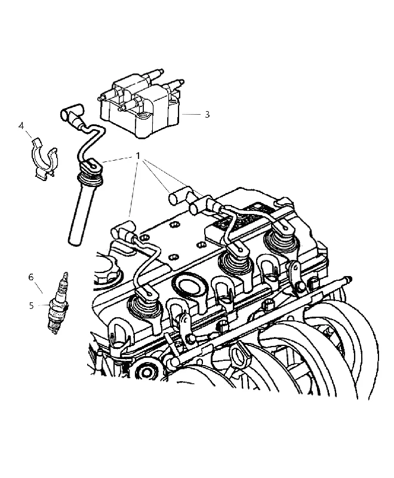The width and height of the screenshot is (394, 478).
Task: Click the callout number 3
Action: click(x=207, y=115)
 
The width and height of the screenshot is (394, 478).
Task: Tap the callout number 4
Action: click(x=21, y=125)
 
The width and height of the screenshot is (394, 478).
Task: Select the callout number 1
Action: click(x=138, y=156)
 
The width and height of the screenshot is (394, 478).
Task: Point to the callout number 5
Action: click(x=32, y=305)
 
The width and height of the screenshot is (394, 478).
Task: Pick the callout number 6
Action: click(x=31, y=277)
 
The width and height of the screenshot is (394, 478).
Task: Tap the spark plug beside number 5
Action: click(x=59, y=304)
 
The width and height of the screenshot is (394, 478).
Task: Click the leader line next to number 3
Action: click(x=192, y=114)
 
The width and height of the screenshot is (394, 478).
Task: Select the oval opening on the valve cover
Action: click(x=189, y=286)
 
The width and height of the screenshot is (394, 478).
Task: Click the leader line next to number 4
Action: click(x=29, y=134)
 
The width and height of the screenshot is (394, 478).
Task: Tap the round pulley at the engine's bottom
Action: click(x=147, y=372)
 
